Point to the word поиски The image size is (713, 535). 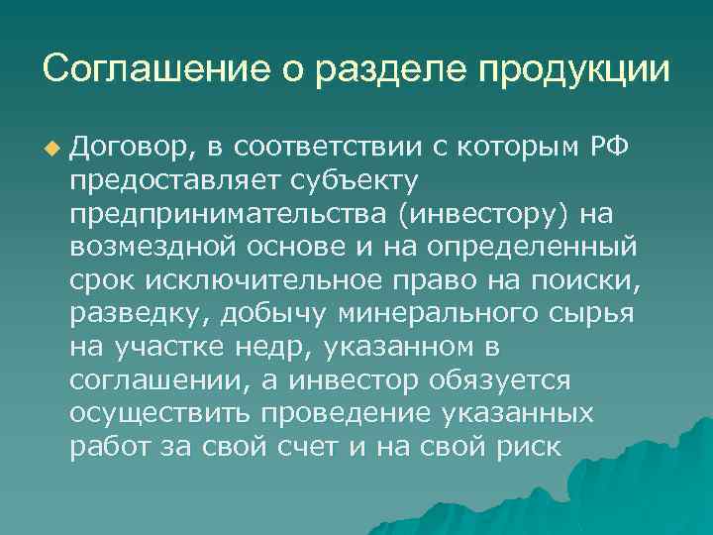point(590,281)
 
